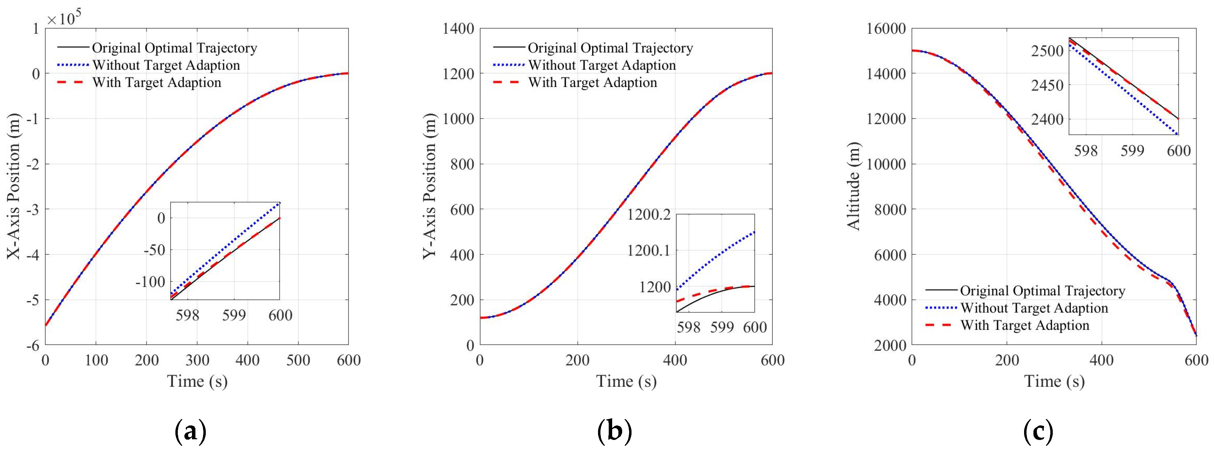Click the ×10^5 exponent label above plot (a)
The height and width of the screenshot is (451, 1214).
[x=64, y=19]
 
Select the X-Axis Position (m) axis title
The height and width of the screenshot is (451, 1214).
[x=14, y=186]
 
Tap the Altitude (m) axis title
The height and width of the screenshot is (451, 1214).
[x=854, y=186]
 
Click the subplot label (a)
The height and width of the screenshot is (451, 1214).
[x=190, y=431]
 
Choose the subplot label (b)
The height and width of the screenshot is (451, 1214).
[x=614, y=431]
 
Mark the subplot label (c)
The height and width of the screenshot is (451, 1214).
[x=1038, y=431]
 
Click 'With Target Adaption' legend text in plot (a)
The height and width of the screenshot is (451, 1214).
[x=156, y=83]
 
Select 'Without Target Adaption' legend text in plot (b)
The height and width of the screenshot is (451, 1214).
[x=602, y=65]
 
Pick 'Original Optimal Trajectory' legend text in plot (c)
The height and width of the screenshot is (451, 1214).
[x=1042, y=291]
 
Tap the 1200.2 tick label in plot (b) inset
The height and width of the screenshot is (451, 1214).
[x=648, y=215]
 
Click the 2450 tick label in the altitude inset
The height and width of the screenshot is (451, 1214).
[x=1047, y=86]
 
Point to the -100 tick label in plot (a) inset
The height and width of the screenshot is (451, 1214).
[x=150, y=282]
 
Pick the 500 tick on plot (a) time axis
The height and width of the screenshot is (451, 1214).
[x=298, y=361]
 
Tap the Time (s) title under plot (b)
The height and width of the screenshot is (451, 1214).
[x=626, y=381]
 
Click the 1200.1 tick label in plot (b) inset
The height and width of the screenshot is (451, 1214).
[x=648, y=251]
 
